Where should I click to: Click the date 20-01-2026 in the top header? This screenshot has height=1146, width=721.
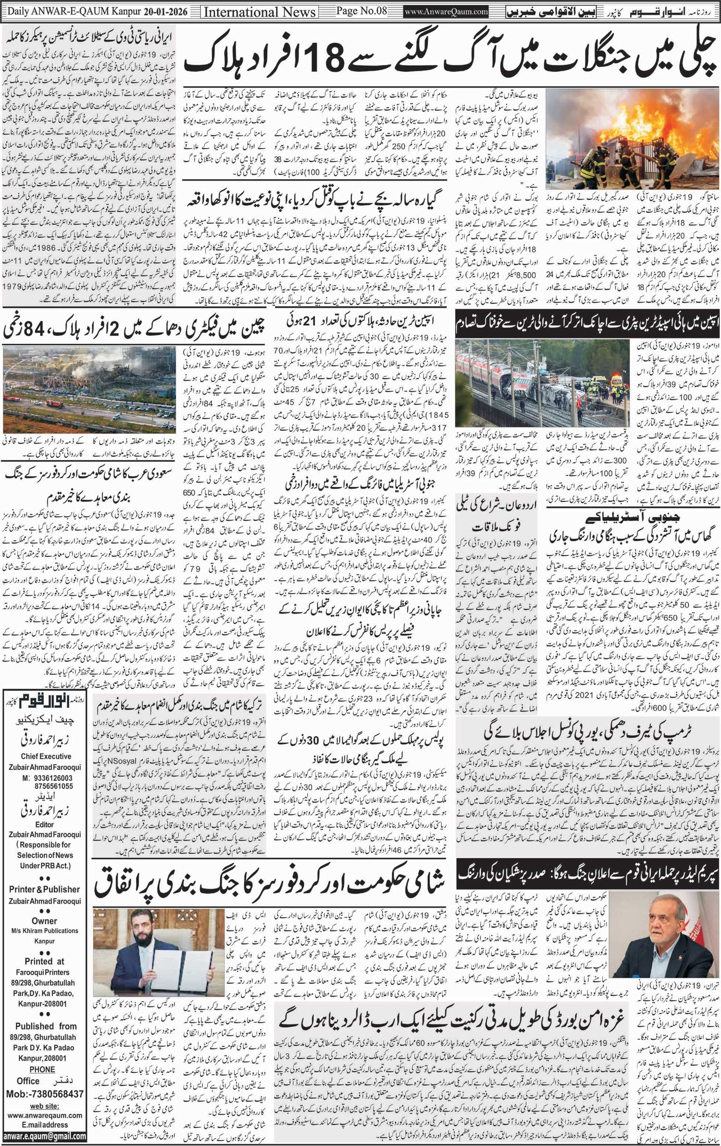click(165, 11)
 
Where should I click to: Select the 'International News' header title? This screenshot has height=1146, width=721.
click(260, 12)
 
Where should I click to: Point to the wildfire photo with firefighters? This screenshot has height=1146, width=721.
click(630, 140)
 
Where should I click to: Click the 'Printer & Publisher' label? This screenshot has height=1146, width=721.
click(44, 889)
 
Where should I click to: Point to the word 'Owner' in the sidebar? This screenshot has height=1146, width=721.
click(44, 921)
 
